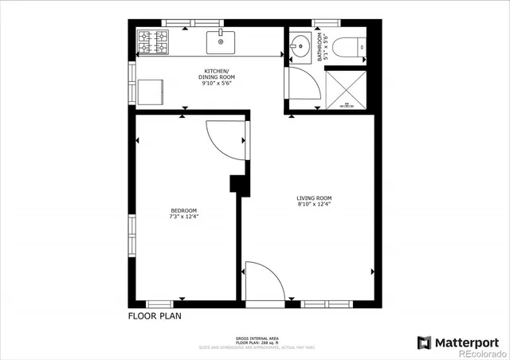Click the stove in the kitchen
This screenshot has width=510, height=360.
click(x=154, y=41)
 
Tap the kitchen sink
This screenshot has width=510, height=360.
click(x=220, y=40)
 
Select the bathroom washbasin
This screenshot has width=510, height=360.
click(x=300, y=45)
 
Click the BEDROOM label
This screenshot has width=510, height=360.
click(x=182, y=210)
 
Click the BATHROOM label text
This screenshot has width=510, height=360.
click(x=320, y=47)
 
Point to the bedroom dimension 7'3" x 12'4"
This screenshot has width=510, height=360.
click(x=182, y=217)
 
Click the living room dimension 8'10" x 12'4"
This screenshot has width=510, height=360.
click(x=314, y=205)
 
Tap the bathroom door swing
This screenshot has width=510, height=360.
click(x=301, y=85)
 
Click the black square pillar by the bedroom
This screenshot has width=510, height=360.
click(x=237, y=184)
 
